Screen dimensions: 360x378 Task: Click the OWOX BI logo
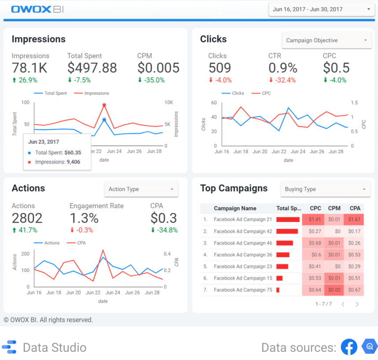[x=37, y=9]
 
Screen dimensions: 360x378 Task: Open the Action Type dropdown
[x=141, y=189]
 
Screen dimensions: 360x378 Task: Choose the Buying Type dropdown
[x=325, y=189]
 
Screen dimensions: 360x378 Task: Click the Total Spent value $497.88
[x=92, y=68]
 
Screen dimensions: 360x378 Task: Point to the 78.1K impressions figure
[x=29, y=68]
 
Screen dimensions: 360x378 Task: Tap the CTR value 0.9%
[x=283, y=68]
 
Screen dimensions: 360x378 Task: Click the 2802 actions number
[x=27, y=218]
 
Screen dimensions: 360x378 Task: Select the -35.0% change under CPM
[x=151, y=80]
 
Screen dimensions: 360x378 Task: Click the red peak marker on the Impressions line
[x=104, y=105]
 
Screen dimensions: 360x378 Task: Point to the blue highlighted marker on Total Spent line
[x=104, y=119]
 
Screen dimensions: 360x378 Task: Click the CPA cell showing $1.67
[x=355, y=219]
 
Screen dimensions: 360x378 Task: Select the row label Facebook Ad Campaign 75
[x=243, y=290]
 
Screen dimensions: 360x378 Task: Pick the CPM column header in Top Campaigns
[x=334, y=209]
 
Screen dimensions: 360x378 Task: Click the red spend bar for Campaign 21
[x=288, y=219]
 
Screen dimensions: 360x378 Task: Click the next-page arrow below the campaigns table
[x=357, y=304]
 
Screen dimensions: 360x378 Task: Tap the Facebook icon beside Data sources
[x=349, y=347]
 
